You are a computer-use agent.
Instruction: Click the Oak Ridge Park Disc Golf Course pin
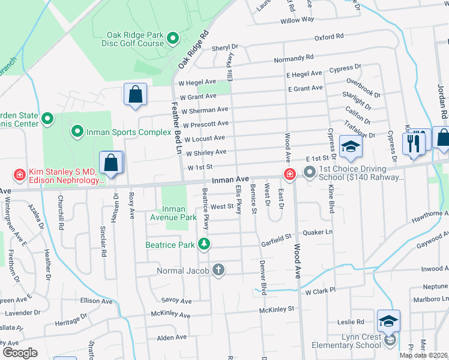tap(173, 40)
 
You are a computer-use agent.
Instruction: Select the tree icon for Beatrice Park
tap(205, 244)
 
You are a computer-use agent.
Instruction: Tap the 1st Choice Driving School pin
tap(309, 173)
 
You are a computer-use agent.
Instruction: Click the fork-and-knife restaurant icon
tap(414, 143)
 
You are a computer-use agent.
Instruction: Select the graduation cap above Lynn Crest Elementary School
tap(388, 322)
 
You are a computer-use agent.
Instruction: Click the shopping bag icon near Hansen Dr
tap(111, 163)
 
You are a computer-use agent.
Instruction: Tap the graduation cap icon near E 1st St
tap(350, 145)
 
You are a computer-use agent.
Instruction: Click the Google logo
tap(20, 352)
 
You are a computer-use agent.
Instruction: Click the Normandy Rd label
tap(294, 58)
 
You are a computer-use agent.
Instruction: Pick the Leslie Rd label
tap(351, 322)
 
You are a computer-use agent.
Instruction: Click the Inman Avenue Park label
tap(180, 213)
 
